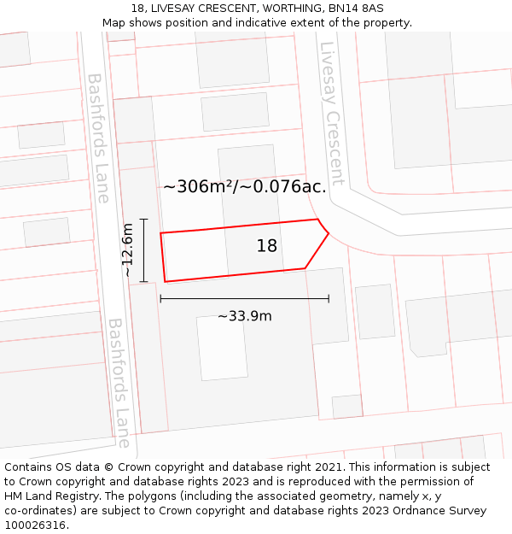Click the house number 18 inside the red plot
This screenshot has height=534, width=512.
pyautogui.click(x=267, y=246)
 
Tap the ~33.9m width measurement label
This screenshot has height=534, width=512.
pyautogui.click(x=244, y=316)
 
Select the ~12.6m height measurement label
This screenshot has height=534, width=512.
pyautogui.click(x=127, y=249)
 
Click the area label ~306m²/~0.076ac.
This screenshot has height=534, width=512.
pyautogui.click(x=244, y=186)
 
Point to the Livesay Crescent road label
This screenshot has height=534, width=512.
pyautogui.click(x=331, y=113)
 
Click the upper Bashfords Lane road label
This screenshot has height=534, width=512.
pyautogui.click(x=98, y=138)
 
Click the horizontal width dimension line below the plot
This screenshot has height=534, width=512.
pyautogui.click(x=244, y=299)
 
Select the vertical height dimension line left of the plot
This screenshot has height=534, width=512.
pyautogui.click(x=144, y=249)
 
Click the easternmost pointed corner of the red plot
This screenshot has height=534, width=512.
pyautogui.click(x=329, y=232)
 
